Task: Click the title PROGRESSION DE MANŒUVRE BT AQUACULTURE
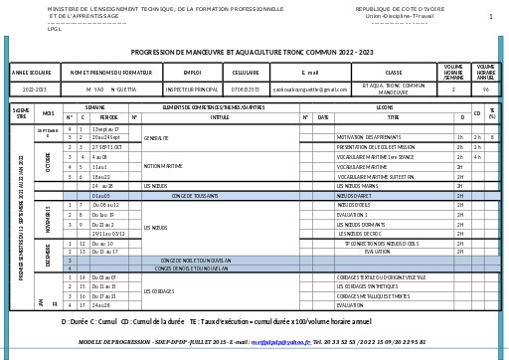[x=252, y=52]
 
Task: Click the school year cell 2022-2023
[x=34, y=90]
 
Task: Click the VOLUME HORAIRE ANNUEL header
[x=486, y=73]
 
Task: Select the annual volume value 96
[x=486, y=90]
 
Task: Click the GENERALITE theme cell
[x=157, y=138]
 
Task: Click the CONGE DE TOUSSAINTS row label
[x=195, y=196]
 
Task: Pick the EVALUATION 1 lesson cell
[x=352, y=215]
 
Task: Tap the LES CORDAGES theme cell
[x=159, y=291]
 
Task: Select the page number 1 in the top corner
[x=490, y=17]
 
